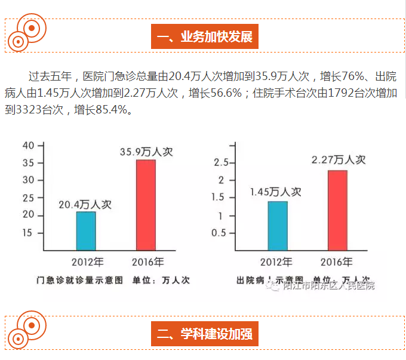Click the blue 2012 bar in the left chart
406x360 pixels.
86,230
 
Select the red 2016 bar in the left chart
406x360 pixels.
146,205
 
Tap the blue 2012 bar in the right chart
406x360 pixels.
278,226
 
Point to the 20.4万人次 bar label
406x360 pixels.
85,204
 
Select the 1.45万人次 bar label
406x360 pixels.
275,192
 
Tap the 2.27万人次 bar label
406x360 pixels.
339,160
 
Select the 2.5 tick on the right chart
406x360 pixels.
222,163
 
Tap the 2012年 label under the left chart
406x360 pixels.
87,261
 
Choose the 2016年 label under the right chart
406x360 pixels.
336,261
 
